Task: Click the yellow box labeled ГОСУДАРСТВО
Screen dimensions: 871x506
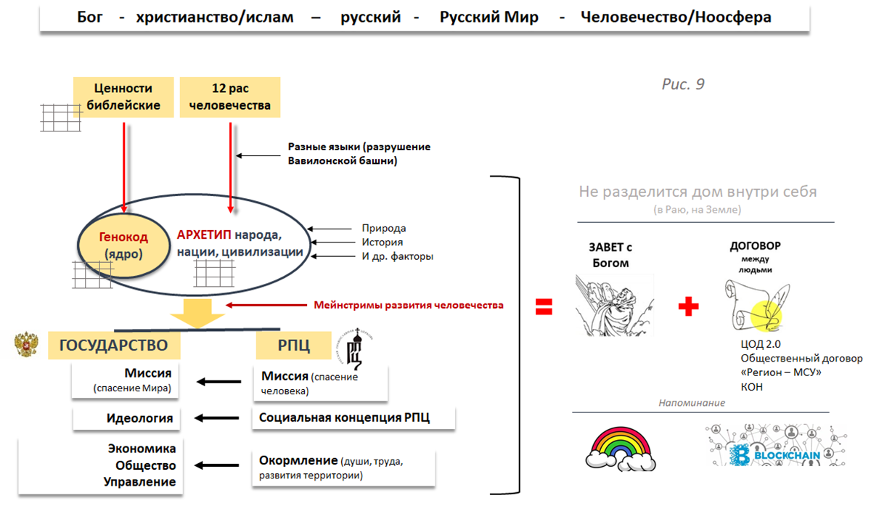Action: (x=114, y=345)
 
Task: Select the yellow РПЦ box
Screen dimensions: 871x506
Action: (x=293, y=345)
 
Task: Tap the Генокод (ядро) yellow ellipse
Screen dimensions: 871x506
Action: (x=123, y=245)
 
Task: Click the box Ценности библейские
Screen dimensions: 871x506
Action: (x=123, y=97)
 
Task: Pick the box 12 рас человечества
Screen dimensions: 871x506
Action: (x=230, y=97)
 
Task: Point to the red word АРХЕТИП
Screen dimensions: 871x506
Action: (x=204, y=234)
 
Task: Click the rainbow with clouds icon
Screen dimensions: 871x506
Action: (x=621, y=449)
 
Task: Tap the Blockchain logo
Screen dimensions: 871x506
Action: (x=776, y=446)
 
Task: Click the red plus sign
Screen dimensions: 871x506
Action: (x=688, y=306)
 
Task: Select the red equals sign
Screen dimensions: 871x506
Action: (x=544, y=306)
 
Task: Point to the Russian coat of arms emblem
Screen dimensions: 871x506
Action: (x=26, y=344)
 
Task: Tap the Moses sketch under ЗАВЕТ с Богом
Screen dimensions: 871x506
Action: (x=614, y=306)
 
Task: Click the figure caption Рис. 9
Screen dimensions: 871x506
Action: (x=683, y=84)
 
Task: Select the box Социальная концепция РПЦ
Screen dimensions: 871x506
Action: (x=353, y=417)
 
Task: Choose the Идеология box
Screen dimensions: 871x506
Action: (x=126, y=418)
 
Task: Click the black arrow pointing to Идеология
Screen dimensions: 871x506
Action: (x=216, y=418)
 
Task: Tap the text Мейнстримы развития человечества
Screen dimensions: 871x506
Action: (x=409, y=305)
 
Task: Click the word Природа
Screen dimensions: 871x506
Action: (x=384, y=228)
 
